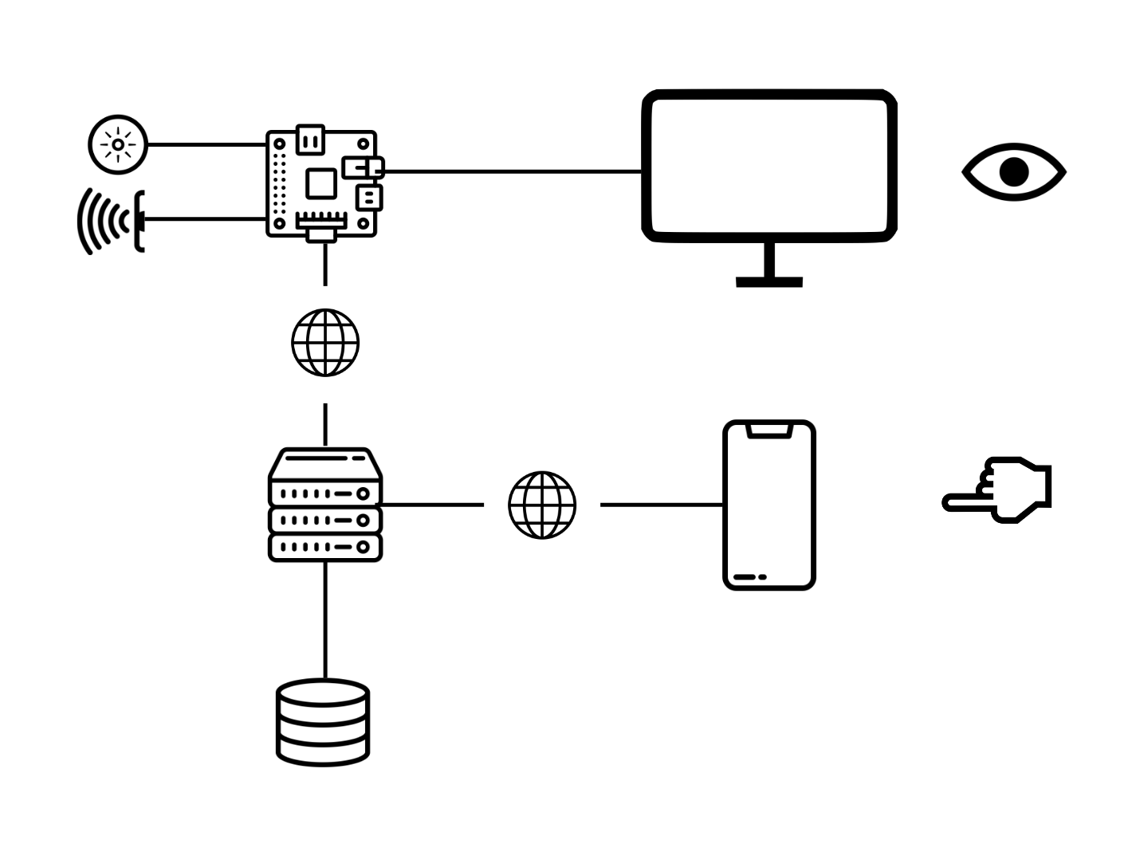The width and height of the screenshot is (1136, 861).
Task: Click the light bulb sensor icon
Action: (118, 144)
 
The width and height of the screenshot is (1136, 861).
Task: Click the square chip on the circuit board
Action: (321, 183)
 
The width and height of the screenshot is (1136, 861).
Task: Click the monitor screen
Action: (769, 166)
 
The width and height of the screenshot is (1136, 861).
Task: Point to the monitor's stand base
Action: (769, 281)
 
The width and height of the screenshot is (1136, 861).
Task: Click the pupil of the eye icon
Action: (1014, 172)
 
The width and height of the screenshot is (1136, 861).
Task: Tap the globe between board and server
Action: (325, 343)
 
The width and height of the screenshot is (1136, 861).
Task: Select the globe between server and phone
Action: (542, 505)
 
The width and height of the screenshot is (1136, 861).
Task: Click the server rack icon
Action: (325, 505)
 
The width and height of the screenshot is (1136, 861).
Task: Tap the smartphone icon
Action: (769, 505)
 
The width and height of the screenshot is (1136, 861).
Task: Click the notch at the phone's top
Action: (769, 431)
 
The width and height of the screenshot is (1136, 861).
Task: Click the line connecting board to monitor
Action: (510, 171)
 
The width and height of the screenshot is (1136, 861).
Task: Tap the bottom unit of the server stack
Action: (325, 547)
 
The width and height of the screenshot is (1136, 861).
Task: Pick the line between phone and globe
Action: (662, 505)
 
